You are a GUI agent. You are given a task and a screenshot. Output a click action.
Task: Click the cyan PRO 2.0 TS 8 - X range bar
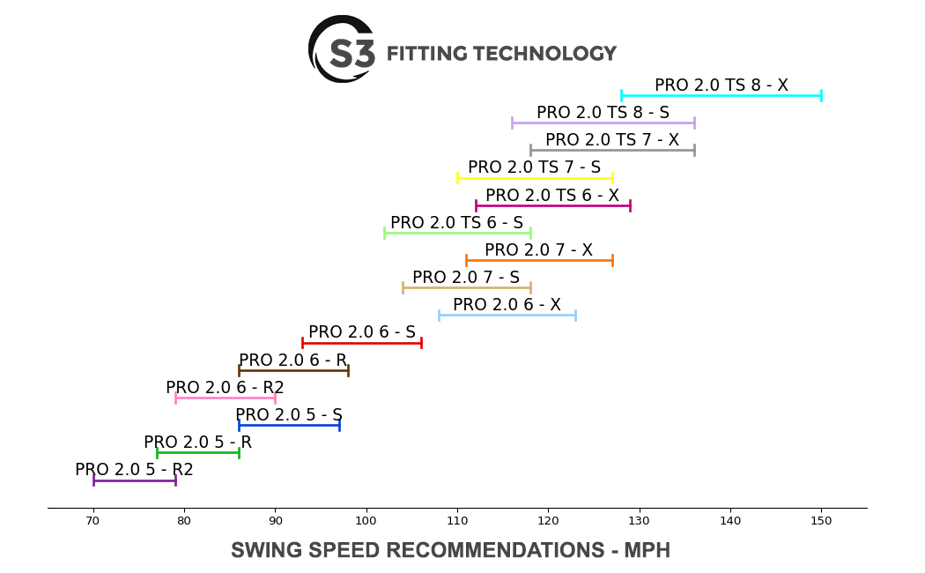point(721,95)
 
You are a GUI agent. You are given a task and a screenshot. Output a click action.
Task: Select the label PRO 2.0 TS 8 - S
point(603,113)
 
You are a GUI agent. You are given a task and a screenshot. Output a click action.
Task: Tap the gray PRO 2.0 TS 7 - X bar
point(611,150)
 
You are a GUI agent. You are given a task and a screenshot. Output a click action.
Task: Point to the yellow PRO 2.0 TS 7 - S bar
point(535,178)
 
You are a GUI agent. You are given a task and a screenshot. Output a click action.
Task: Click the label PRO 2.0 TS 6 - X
point(551,195)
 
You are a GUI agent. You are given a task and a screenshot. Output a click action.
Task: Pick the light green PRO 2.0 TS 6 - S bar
point(456,233)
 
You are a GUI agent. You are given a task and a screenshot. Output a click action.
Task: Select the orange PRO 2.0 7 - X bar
point(538,260)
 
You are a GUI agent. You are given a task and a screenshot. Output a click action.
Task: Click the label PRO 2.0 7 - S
point(465,278)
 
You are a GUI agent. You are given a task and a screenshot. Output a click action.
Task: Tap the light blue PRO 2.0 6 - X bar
point(507,315)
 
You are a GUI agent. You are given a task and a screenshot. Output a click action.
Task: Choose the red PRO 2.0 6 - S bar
point(361,342)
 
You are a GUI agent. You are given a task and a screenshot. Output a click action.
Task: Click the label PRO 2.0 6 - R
point(292,361)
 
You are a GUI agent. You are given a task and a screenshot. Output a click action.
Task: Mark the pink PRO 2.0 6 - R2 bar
point(225,398)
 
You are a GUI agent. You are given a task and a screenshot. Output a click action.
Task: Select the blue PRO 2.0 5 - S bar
point(288,425)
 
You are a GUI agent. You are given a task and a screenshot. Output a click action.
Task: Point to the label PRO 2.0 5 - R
point(197,443)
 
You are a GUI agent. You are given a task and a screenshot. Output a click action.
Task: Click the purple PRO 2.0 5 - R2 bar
point(134,480)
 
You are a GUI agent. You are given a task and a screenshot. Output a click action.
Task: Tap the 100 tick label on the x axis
point(366,522)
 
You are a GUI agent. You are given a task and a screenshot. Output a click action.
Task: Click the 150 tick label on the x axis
point(821,522)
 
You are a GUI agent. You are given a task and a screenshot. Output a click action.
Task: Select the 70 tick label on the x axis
point(93,522)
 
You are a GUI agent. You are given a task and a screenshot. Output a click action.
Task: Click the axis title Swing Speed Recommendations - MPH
point(450,551)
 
